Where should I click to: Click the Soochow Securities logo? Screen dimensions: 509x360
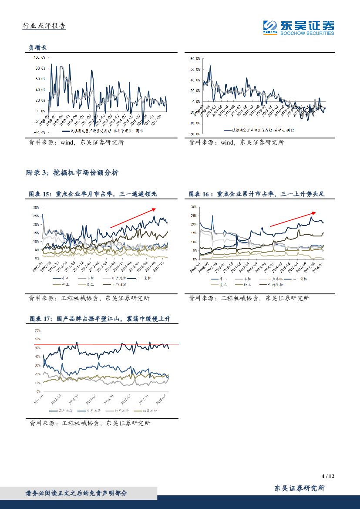[x=298, y=27]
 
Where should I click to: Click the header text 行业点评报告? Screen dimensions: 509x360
[x=44, y=26]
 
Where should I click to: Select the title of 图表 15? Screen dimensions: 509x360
[x=99, y=194]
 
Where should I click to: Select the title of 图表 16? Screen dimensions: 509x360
[x=257, y=194]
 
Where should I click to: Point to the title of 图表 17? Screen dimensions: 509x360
[x=99, y=319]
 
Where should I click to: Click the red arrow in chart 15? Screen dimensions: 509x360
[x=133, y=218]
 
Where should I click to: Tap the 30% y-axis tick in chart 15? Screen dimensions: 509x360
[x=36, y=207]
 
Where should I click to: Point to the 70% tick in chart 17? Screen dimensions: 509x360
[x=37, y=330]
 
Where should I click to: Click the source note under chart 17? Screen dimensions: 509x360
[x=89, y=423]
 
